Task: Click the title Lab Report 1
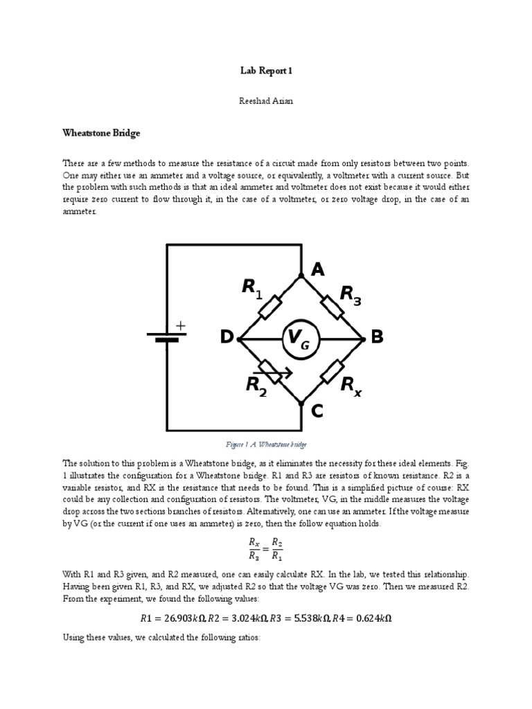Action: point(265,70)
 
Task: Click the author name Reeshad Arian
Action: point(265,100)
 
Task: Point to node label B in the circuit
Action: point(377,338)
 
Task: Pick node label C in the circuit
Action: point(317,412)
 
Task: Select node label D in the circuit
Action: point(227,338)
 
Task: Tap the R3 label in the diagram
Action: point(351,295)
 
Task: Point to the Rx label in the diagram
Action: point(351,386)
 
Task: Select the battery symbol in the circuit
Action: point(166,337)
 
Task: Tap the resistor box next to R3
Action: point(333,307)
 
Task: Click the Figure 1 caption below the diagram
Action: point(266,443)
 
